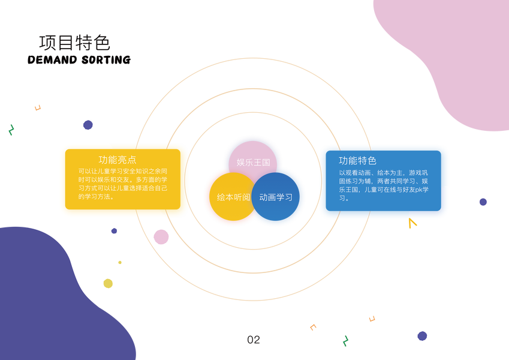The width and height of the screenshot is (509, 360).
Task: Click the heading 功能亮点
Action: point(118,160)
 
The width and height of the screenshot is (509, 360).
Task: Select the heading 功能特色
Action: point(357,160)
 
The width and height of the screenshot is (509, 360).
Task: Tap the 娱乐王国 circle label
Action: point(253,162)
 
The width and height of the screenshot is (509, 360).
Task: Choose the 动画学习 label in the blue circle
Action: point(276,197)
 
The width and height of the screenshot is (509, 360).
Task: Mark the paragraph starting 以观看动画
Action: point(383,185)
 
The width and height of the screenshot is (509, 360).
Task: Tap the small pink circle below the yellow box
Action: point(161,236)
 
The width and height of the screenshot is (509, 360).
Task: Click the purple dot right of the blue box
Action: point(483,202)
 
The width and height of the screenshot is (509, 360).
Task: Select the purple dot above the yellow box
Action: point(88,125)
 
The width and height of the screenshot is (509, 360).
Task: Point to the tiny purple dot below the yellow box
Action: point(114,231)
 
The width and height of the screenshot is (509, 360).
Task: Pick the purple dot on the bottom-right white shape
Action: point(422,336)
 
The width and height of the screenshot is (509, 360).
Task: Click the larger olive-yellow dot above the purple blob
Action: point(108,283)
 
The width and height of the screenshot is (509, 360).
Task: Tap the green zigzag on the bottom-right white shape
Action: point(345,341)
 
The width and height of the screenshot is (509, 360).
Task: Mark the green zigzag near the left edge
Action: point(11,130)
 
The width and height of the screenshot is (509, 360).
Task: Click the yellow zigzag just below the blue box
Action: point(412,223)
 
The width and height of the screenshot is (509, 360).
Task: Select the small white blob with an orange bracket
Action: point(308,326)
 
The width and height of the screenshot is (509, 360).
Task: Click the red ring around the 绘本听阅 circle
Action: point(206,198)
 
